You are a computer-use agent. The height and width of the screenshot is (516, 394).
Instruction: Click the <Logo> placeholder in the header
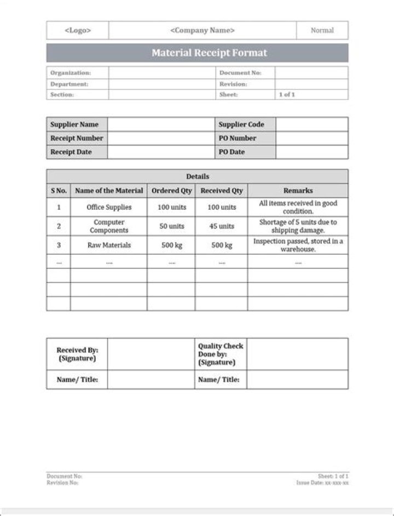click(78, 31)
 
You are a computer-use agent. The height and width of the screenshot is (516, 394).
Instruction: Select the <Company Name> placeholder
click(202, 31)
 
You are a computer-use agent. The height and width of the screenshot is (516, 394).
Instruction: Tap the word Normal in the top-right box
click(322, 31)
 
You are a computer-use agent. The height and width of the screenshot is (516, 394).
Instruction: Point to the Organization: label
click(71, 73)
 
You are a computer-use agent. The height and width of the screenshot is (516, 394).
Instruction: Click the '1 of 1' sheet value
click(287, 95)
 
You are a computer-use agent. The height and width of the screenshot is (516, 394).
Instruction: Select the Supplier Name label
click(74, 124)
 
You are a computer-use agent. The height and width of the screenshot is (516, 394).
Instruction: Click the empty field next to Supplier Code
click(311, 124)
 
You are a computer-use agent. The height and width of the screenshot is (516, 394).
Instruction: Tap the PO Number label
click(237, 139)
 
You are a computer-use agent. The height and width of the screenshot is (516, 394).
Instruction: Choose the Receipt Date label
click(71, 152)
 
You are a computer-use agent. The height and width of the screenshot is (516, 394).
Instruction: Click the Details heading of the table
click(197, 176)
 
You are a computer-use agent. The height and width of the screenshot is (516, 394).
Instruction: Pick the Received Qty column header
click(222, 191)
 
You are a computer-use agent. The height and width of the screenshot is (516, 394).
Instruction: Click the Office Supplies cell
click(109, 208)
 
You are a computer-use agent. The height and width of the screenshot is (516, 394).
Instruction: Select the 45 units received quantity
click(222, 226)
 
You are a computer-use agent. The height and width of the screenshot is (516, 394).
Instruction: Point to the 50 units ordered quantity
click(172, 226)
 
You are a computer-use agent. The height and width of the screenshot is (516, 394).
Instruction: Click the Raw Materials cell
click(109, 245)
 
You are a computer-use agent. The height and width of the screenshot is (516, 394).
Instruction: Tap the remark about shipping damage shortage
click(298, 226)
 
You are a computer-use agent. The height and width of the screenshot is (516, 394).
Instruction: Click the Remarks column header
click(298, 191)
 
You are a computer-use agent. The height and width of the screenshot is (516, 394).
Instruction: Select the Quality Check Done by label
click(220, 354)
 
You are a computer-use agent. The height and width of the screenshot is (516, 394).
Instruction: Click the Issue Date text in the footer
click(322, 483)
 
